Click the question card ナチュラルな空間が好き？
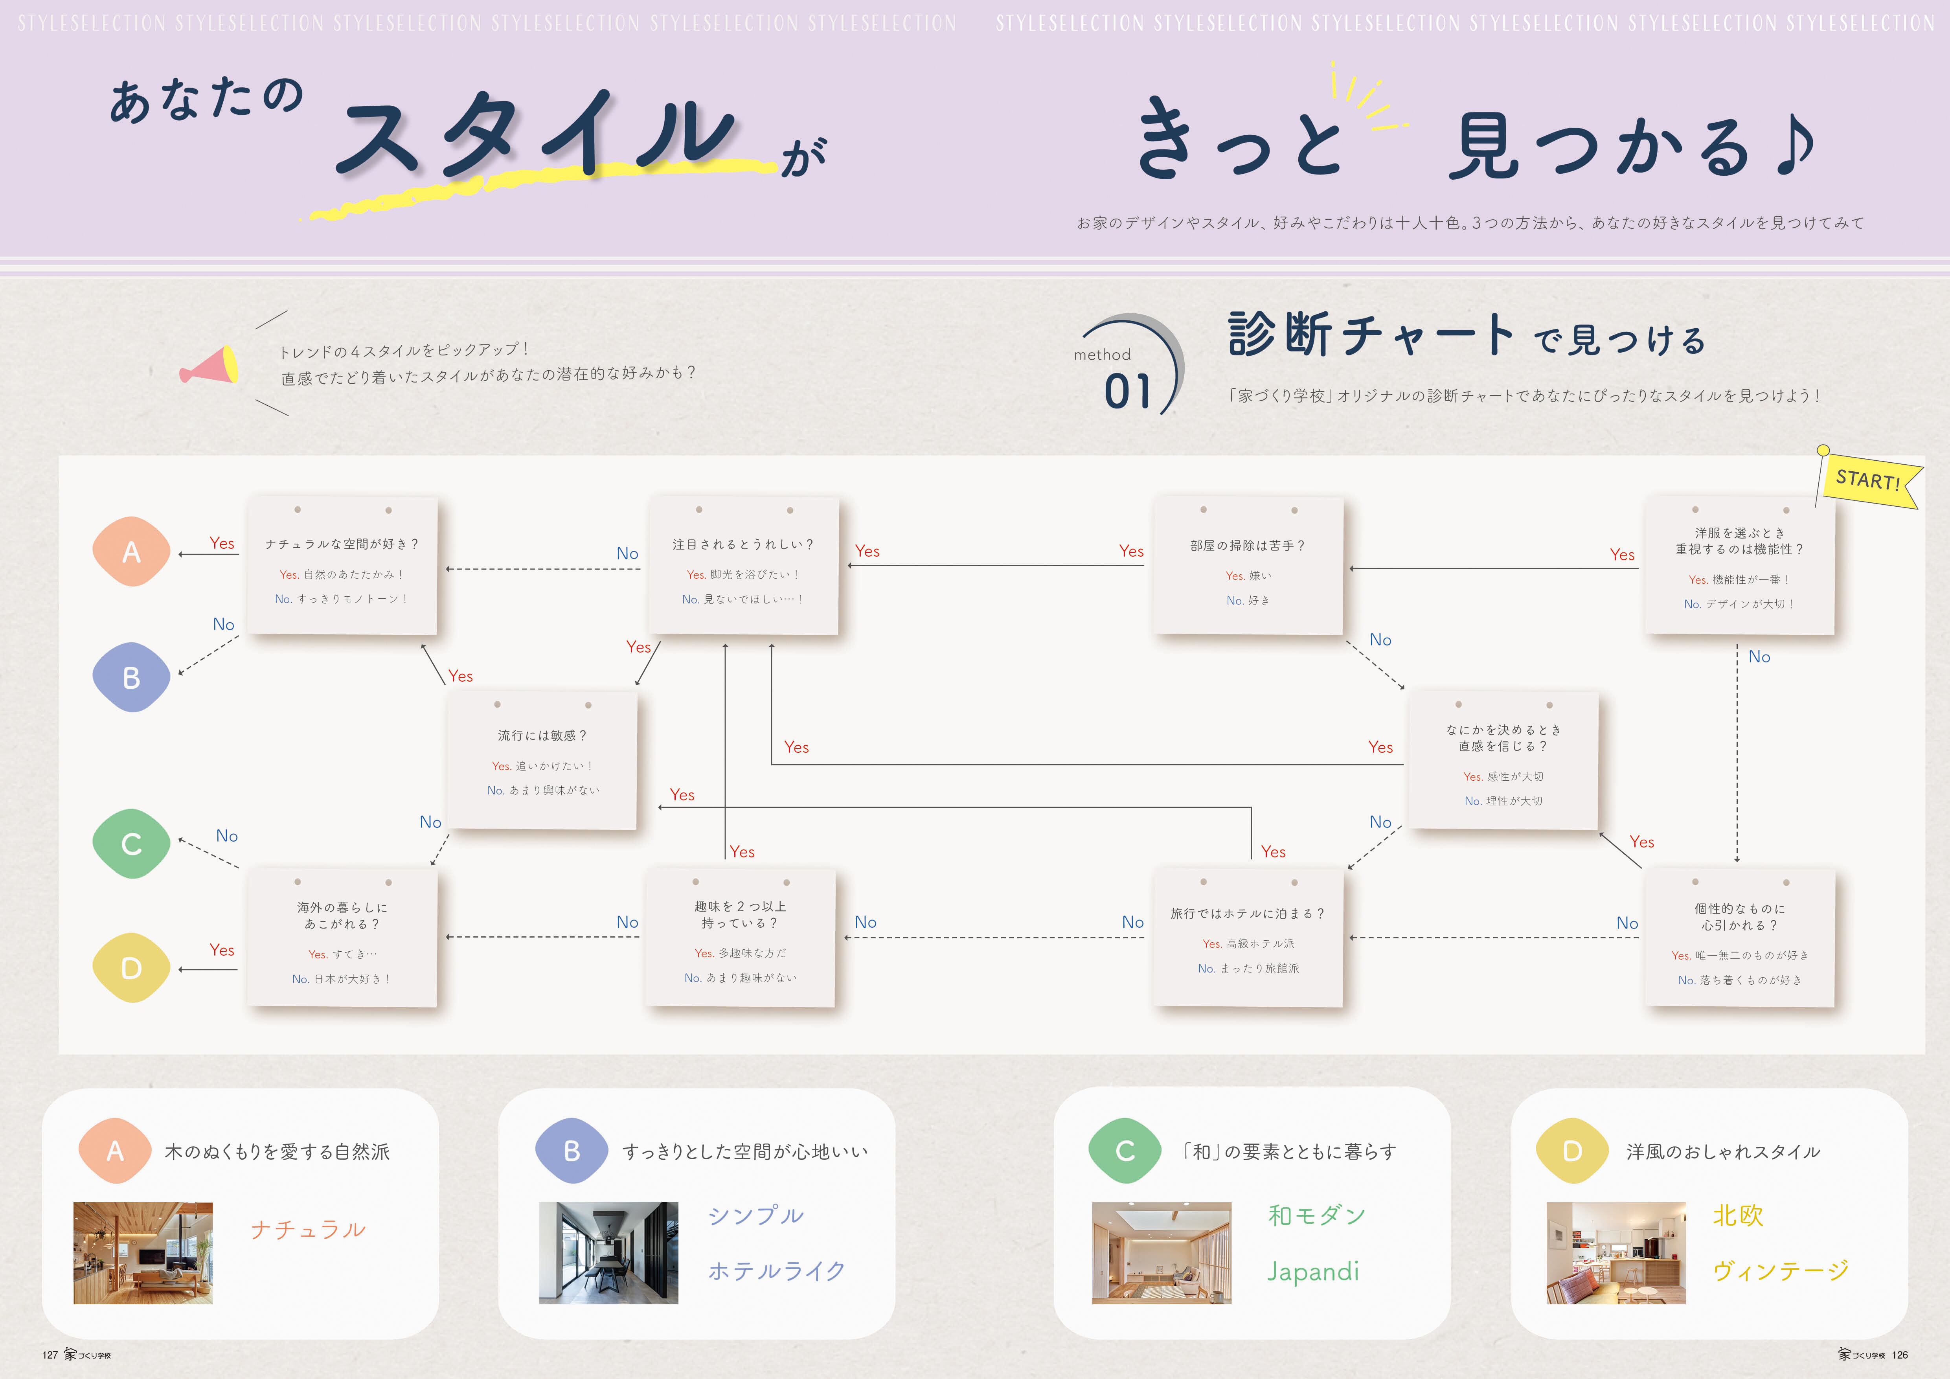tap(342, 566)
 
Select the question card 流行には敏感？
tap(542, 760)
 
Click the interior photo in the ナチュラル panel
tap(143, 1252)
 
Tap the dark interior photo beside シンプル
tap(608, 1252)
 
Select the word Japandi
tap(1313, 1271)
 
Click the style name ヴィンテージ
tap(1780, 1271)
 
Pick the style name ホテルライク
tap(776, 1271)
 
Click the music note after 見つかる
tap(1794, 144)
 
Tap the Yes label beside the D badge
tap(222, 950)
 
